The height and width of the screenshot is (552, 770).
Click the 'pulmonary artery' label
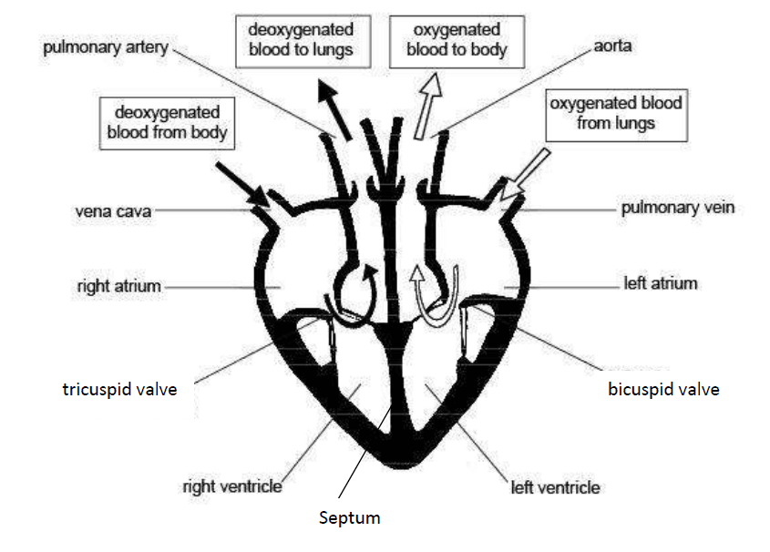(x=106, y=48)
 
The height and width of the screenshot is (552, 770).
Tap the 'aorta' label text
(x=612, y=46)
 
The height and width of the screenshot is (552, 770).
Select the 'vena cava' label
(x=113, y=211)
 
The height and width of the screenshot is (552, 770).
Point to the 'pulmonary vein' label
(x=678, y=208)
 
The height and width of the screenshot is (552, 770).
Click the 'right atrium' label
(x=118, y=286)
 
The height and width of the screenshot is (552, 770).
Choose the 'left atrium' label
(x=661, y=283)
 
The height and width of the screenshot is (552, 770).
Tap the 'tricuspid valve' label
(x=119, y=390)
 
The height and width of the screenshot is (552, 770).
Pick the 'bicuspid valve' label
(x=663, y=390)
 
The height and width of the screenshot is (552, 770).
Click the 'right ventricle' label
(x=232, y=486)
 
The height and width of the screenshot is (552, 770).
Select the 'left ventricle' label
(x=555, y=487)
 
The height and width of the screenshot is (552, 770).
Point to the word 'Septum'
(x=349, y=518)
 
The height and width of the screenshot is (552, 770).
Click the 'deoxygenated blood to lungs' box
(x=303, y=41)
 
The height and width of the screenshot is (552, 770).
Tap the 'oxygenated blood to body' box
(x=457, y=41)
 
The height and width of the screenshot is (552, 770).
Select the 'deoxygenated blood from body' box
(x=167, y=123)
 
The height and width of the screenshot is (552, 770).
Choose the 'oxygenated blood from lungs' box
(x=616, y=116)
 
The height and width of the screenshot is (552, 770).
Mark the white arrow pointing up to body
(x=427, y=106)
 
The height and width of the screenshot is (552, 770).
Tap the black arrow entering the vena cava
(x=242, y=185)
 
